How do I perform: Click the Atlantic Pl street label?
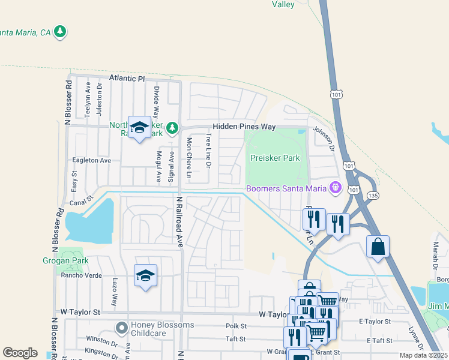[127, 79]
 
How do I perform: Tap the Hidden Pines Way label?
[244, 127]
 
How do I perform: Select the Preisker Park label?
[274, 158]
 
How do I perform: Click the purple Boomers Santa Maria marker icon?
[335, 188]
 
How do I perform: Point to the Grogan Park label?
[65, 260]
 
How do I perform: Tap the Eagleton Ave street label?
[92, 161]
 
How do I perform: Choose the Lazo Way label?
[114, 292]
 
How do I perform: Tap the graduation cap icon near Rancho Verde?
[145, 275]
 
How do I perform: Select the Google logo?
[20, 353]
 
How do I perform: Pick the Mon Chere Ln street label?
[188, 158]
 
